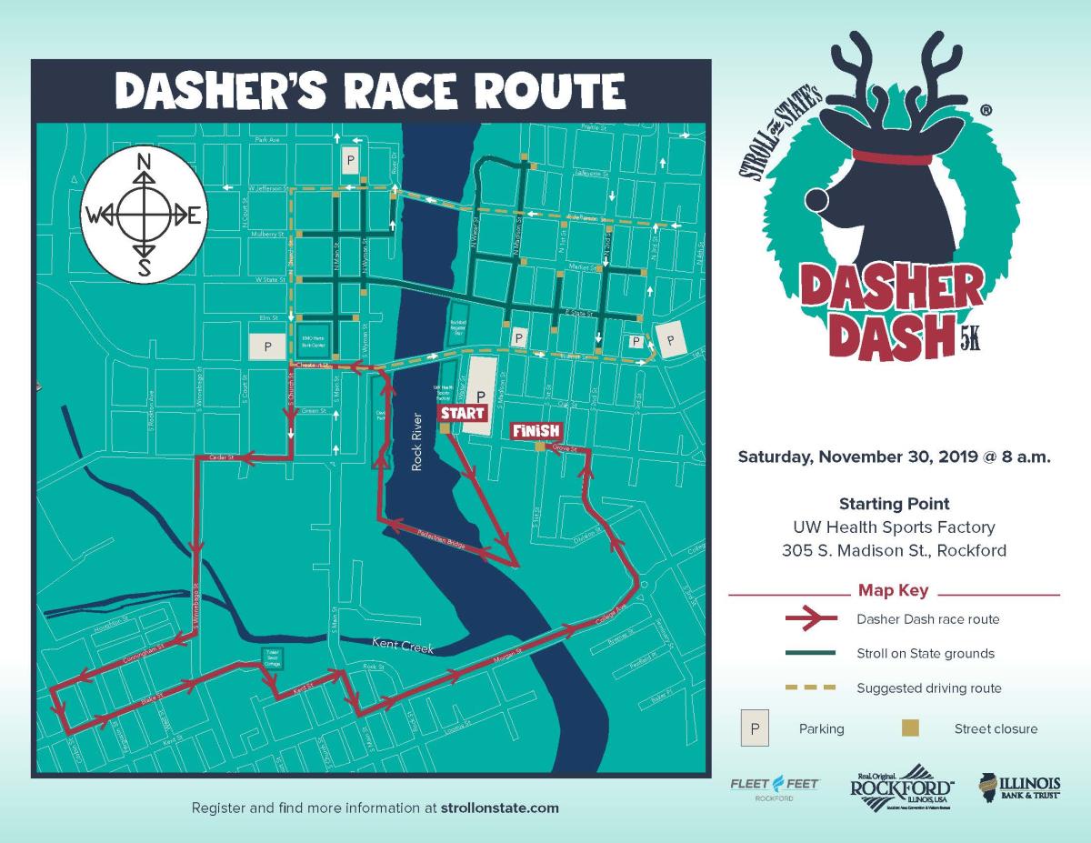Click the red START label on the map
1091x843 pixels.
pyautogui.click(x=463, y=413)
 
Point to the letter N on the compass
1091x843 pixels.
pyautogui.click(x=143, y=164)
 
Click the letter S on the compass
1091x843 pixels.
pyautogui.click(x=143, y=266)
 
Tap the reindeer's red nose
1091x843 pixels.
pyautogui.click(x=814, y=197)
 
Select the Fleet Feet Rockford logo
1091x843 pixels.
pyautogui.click(x=774, y=788)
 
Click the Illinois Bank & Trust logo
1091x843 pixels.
pyautogui.click(x=1019, y=788)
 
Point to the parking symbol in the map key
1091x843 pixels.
pyautogui.click(x=755, y=728)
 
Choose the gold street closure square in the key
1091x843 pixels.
pyautogui.click(x=909, y=728)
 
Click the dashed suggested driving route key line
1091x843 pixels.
pyautogui.click(x=810, y=687)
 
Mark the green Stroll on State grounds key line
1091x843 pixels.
pyautogui.click(x=810, y=653)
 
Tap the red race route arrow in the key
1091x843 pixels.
pyautogui.click(x=810, y=618)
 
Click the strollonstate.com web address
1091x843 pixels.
pyautogui.click(x=499, y=808)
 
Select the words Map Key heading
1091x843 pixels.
pyautogui.click(x=893, y=590)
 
